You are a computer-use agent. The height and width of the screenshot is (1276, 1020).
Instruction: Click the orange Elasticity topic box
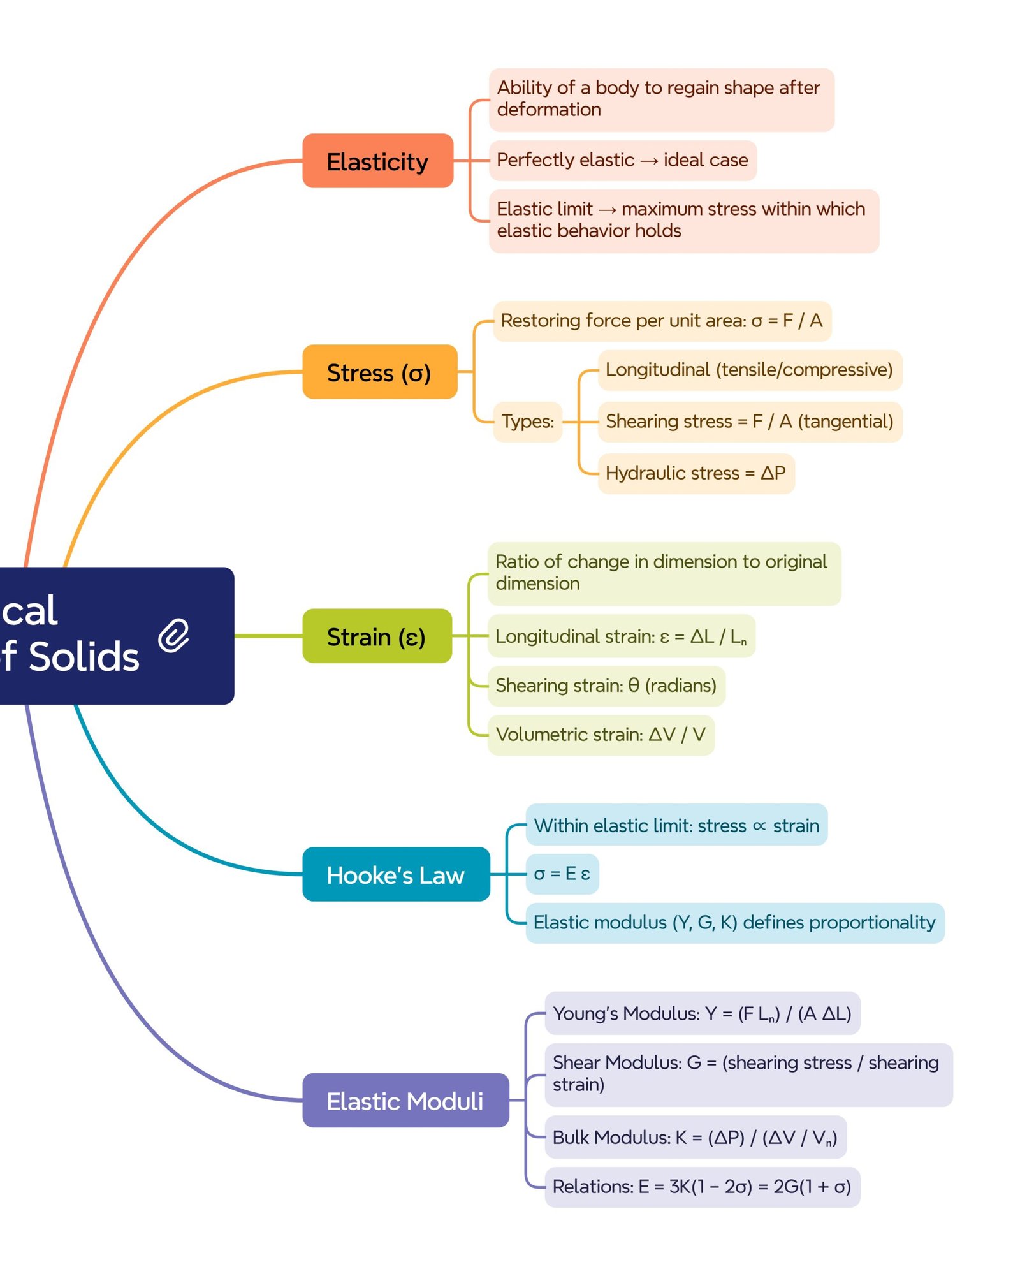pyautogui.click(x=377, y=161)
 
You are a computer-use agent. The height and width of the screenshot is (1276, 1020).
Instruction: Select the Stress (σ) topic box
pyautogui.click(x=379, y=372)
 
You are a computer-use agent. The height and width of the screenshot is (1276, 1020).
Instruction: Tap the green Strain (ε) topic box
pyautogui.click(x=377, y=636)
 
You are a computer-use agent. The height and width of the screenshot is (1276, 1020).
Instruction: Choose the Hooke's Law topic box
pyautogui.click(x=395, y=874)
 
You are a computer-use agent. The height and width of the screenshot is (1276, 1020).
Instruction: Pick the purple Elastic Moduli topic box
pyautogui.click(x=405, y=1100)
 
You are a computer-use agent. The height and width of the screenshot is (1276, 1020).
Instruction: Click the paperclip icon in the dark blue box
pyautogui.click(x=173, y=635)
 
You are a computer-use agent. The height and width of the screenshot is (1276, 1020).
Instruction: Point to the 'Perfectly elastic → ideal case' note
pyautogui.click(x=622, y=160)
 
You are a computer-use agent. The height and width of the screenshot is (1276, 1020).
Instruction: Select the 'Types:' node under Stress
pyautogui.click(x=527, y=422)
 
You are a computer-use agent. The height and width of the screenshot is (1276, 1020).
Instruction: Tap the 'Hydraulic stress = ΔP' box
pyautogui.click(x=696, y=473)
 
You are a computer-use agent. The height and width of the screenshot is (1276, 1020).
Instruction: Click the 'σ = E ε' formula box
pyautogui.click(x=562, y=874)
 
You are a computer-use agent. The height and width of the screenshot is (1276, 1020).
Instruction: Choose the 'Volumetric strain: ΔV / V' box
pyautogui.click(x=601, y=735)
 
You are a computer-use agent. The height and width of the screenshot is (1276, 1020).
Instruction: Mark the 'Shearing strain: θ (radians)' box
pyautogui.click(x=606, y=686)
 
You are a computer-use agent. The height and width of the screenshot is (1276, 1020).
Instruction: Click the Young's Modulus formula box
pyautogui.click(x=702, y=1013)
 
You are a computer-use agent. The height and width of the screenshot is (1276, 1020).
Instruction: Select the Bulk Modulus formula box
pyautogui.click(x=695, y=1137)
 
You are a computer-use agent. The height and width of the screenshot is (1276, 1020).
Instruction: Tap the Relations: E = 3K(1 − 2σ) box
pyautogui.click(x=702, y=1187)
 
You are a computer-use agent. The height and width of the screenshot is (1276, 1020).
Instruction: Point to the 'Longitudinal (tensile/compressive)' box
pyautogui.click(x=749, y=370)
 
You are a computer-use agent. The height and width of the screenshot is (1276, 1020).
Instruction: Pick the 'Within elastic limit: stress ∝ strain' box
pyautogui.click(x=676, y=825)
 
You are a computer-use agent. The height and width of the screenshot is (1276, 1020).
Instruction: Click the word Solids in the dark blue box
pyautogui.click(x=84, y=657)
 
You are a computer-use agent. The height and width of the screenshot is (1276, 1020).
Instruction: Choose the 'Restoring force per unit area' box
pyautogui.click(x=662, y=321)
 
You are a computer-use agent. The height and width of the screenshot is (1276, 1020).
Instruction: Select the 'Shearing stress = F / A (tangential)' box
pyautogui.click(x=749, y=422)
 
